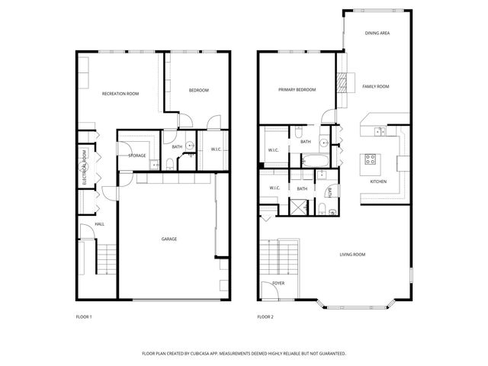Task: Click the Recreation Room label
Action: [x=120, y=93]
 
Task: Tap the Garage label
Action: [x=169, y=239]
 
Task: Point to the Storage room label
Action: [x=137, y=156]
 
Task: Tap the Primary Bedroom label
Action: [x=297, y=90]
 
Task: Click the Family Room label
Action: [x=375, y=87]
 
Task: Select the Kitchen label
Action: [x=378, y=181]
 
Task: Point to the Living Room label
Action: [x=352, y=254]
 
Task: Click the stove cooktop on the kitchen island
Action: [x=371, y=159]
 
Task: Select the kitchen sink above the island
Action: [x=379, y=131]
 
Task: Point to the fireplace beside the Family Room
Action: [x=343, y=81]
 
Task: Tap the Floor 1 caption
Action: [x=84, y=316]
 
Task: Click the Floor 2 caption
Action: [x=265, y=316]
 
